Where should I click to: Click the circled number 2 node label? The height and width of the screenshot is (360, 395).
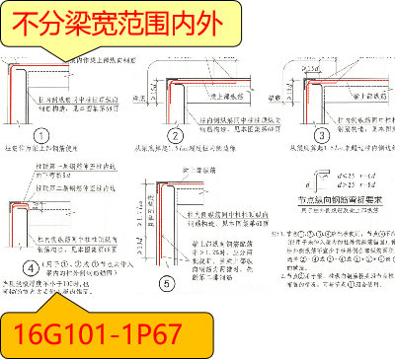point(175,135)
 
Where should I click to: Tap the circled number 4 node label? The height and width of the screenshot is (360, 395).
point(30,266)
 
